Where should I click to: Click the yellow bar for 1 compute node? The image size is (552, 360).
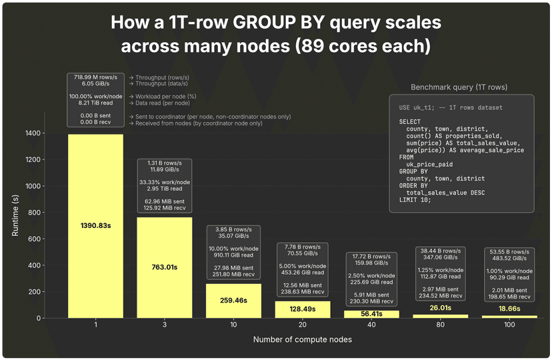click(95, 226)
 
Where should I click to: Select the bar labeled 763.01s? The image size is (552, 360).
click(165, 267)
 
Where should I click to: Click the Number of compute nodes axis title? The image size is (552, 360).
click(303, 340)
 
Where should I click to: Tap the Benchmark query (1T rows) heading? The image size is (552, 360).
click(461, 87)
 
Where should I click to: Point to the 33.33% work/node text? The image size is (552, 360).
click(165, 182)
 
